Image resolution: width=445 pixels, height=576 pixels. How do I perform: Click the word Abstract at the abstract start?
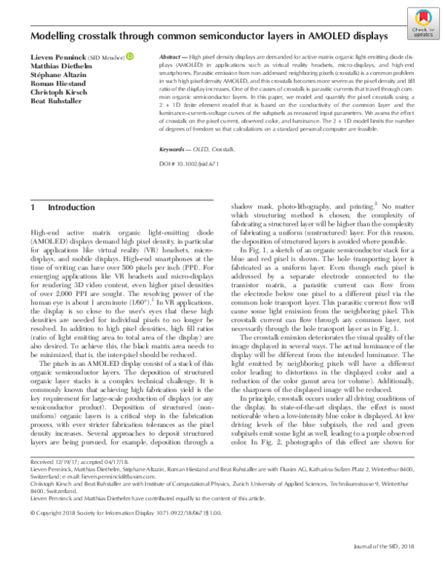click(x=173, y=56)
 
